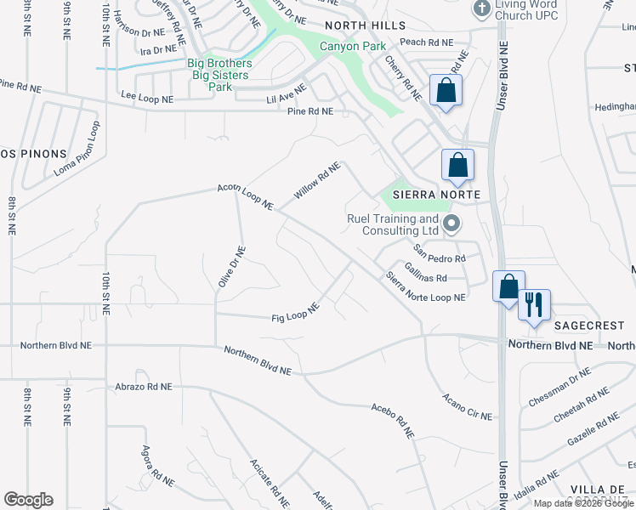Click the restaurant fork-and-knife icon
point(534,305)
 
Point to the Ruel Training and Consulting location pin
point(451,224)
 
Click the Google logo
point(28,500)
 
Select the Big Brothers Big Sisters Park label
point(219,75)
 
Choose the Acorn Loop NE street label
point(245,197)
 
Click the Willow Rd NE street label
point(317,181)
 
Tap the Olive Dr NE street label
point(231,266)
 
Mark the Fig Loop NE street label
point(295,313)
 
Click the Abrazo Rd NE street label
point(143,387)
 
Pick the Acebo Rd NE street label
point(392,420)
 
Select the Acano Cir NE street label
point(467,407)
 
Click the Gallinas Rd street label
point(426,272)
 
